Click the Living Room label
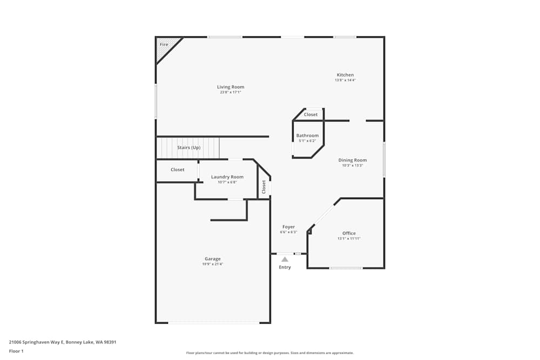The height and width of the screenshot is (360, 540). point(231,87)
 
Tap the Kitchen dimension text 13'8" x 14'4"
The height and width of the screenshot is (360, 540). point(345,80)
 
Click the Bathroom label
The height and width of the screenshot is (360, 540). point(307,135)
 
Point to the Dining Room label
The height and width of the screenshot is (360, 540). point(353,160)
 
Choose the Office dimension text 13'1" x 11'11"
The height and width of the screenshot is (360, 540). point(349,239)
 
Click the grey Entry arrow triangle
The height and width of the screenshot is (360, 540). point(285,260)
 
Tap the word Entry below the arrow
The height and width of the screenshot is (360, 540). point(285,267)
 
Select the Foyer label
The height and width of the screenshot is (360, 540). point(288,227)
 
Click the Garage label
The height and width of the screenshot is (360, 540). point(212,259)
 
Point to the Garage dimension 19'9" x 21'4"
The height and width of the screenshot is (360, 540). point(212,264)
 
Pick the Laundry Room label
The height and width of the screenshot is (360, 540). point(227,176)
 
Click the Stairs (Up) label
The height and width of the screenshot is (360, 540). point(189,147)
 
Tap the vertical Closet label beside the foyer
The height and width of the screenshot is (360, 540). point(264,187)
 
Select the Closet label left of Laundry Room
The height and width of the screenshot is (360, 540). point(178,169)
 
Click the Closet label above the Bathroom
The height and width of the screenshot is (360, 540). point(310,114)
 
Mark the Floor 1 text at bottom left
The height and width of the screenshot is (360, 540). point(16,351)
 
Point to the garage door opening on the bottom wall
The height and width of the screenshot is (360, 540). point(214,323)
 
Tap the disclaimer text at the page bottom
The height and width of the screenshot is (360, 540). point(270,353)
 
